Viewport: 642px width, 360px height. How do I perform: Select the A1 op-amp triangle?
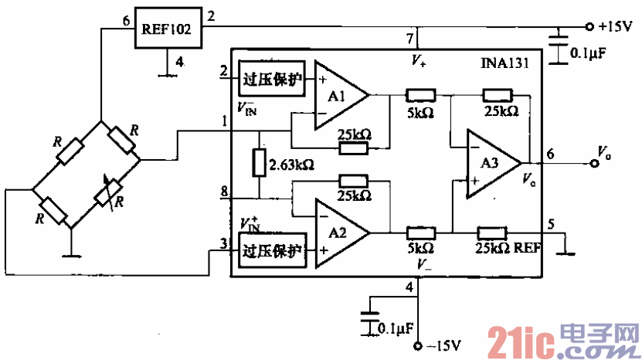(x=338, y=95)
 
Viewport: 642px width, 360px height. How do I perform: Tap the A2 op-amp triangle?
(x=338, y=233)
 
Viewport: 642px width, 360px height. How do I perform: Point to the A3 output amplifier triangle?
(x=488, y=164)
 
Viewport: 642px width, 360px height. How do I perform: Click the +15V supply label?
(x=615, y=25)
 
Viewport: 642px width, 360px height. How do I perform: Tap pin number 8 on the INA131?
(x=224, y=190)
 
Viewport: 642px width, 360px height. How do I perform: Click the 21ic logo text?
(x=515, y=339)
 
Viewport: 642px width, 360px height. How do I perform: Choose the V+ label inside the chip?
(x=417, y=59)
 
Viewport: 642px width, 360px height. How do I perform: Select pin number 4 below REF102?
(x=178, y=62)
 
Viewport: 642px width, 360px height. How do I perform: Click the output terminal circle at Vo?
(x=594, y=164)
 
